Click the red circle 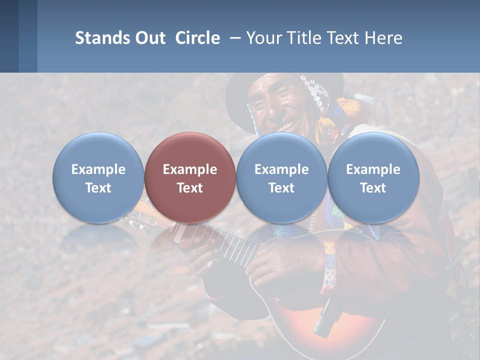tap(190, 177)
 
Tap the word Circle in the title tap(197, 38)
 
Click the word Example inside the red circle tap(190, 169)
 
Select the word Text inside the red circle tap(190, 188)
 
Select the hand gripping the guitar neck tap(197, 250)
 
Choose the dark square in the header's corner tap(9, 36)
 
